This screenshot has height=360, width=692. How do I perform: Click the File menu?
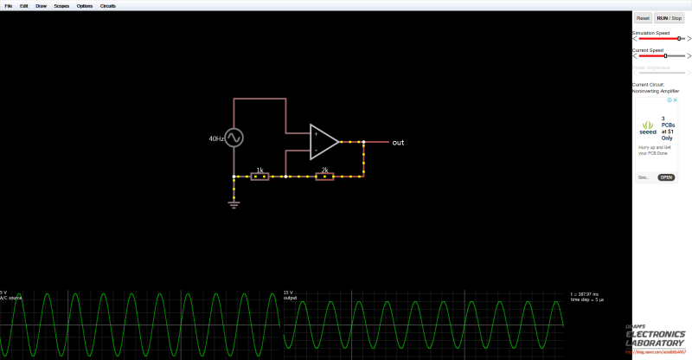coord(9,5)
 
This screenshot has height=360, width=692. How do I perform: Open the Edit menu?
coord(24,5)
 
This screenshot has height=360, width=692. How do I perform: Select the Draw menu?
coord(41,5)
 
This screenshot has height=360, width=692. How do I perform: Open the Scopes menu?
coord(61,5)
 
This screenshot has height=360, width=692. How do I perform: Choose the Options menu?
coord(85,5)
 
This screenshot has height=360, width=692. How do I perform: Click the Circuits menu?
coord(107,5)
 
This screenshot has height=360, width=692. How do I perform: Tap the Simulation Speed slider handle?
coord(679,39)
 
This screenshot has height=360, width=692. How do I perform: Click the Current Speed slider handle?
coord(664,55)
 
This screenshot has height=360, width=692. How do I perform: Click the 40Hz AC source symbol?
coord(234,138)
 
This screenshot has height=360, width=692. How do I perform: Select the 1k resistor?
coord(259,177)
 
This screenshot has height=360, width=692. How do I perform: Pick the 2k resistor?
coord(324,177)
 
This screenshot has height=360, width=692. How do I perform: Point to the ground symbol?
coord(234,204)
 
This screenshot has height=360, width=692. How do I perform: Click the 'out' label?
coord(398,142)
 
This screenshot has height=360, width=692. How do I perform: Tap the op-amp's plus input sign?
coord(316,134)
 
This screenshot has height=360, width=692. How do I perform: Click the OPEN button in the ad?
coord(666,177)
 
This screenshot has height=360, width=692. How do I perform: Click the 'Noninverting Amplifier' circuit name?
coord(656,91)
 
